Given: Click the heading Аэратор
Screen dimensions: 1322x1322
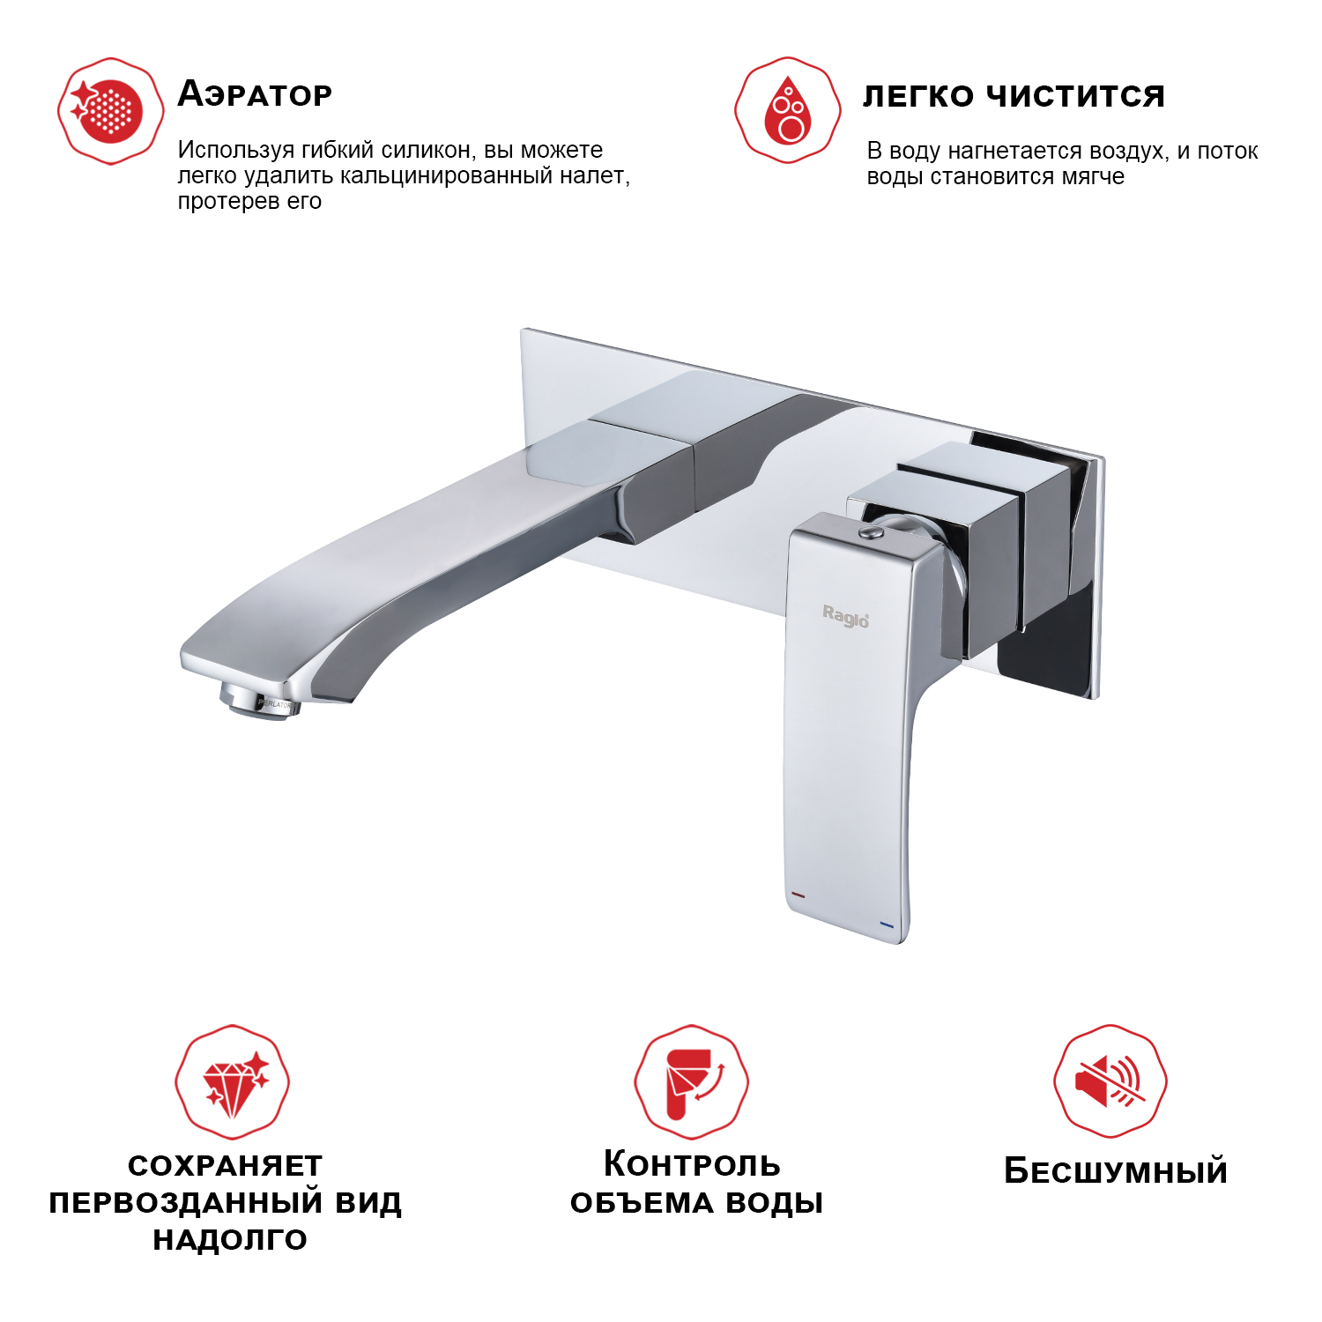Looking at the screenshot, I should pos(255,94).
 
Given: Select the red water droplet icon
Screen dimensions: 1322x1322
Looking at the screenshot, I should pos(787,110).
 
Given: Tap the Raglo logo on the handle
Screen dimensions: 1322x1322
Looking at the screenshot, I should pos(845,616).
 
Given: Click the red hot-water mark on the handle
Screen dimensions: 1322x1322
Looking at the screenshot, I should pos(798,895).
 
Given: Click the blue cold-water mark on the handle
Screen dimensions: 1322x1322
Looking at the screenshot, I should pos(886,925).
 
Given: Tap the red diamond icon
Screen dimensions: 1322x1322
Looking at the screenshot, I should pos(233,1081).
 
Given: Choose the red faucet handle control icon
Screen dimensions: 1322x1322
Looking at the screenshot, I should pos(691,1081).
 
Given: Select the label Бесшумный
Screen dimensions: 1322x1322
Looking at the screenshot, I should pos(1115,1171).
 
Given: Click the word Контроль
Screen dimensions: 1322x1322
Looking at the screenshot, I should pos(692,1164).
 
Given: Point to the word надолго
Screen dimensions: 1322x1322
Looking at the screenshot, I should pos(230,1240).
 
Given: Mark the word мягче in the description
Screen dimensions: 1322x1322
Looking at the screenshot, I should pos(1093,177).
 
